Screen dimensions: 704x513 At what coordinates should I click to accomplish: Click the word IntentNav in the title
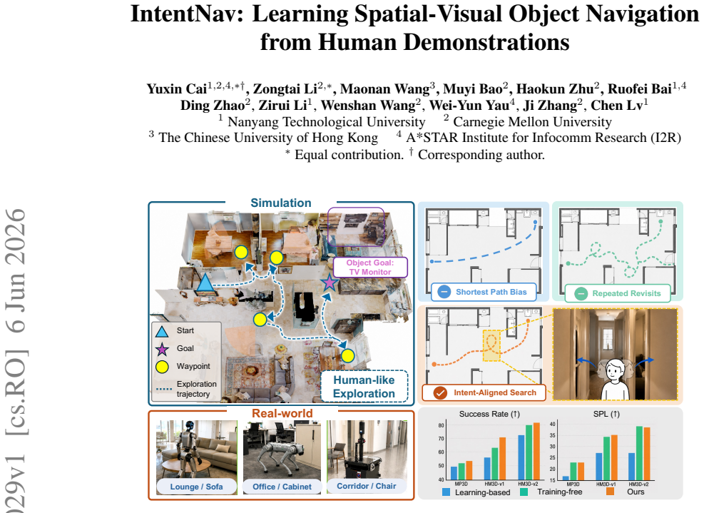(x=186, y=14)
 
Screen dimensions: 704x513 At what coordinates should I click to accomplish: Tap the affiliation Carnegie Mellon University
(x=533, y=122)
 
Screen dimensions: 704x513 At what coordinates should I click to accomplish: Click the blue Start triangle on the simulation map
(x=205, y=283)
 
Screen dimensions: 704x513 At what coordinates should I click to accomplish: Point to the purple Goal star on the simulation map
(x=329, y=283)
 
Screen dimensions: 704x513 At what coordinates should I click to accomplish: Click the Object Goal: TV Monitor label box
(x=370, y=268)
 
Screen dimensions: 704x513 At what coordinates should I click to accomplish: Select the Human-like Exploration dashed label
(x=364, y=387)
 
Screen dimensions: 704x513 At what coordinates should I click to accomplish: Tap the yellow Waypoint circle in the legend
(x=162, y=367)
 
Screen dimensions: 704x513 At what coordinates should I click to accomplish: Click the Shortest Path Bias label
(x=484, y=292)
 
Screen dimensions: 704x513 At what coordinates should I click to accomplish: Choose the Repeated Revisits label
(x=618, y=293)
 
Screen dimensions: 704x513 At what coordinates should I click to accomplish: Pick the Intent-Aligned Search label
(x=484, y=392)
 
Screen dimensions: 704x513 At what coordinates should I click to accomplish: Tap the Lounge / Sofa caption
(x=197, y=487)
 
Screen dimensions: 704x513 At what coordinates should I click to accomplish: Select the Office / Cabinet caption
(x=282, y=487)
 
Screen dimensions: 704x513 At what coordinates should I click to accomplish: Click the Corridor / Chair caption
(x=367, y=486)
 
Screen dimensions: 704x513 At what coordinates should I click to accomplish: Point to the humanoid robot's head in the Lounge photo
(x=189, y=425)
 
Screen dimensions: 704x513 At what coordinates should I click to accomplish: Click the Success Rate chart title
(x=489, y=414)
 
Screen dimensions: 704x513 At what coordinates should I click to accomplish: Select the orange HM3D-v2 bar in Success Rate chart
(x=536, y=451)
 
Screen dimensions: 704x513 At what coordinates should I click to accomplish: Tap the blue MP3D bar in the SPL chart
(x=566, y=478)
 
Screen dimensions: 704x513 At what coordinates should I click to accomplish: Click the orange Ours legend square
(x=610, y=492)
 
